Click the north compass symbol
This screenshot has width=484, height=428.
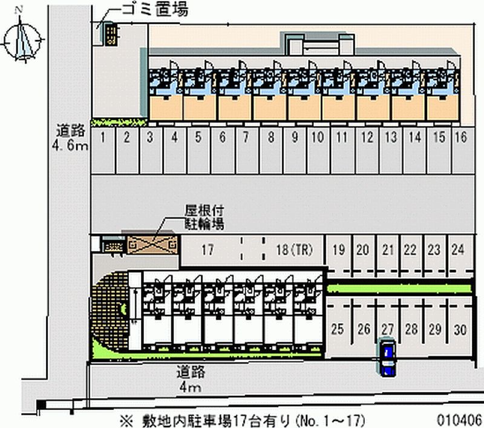click(x=24, y=38)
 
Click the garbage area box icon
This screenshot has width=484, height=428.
click(x=110, y=34)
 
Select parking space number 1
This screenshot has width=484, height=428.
click(x=103, y=137)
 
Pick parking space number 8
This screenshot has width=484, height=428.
click(x=271, y=137)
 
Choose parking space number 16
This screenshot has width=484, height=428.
click(x=460, y=137)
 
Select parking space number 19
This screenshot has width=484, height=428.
click(x=339, y=249)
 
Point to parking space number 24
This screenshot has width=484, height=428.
click(x=458, y=249)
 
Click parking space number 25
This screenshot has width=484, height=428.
click(x=338, y=329)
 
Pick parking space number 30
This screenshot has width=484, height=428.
click(x=460, y=329)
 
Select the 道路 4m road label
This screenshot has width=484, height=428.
click(x=189, y=379)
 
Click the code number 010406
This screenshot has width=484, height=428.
click(x=461, y=418)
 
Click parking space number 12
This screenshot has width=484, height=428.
click(x=367, y=137)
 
